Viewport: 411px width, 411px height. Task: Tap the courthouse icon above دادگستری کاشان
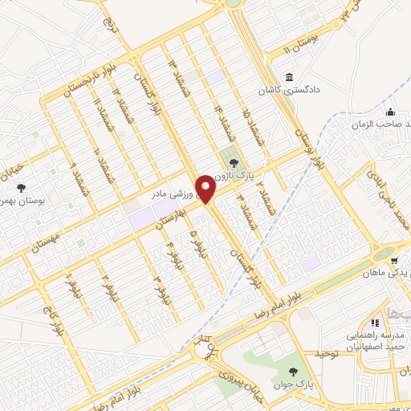(x=289, y=79)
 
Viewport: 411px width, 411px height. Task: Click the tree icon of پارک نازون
(x=234, y=165)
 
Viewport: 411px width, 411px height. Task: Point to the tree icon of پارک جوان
(x=295, y=371)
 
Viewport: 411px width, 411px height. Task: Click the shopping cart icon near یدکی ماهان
(x=394, y=261)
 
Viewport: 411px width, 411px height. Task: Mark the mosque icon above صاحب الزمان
(x=390, y=112)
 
